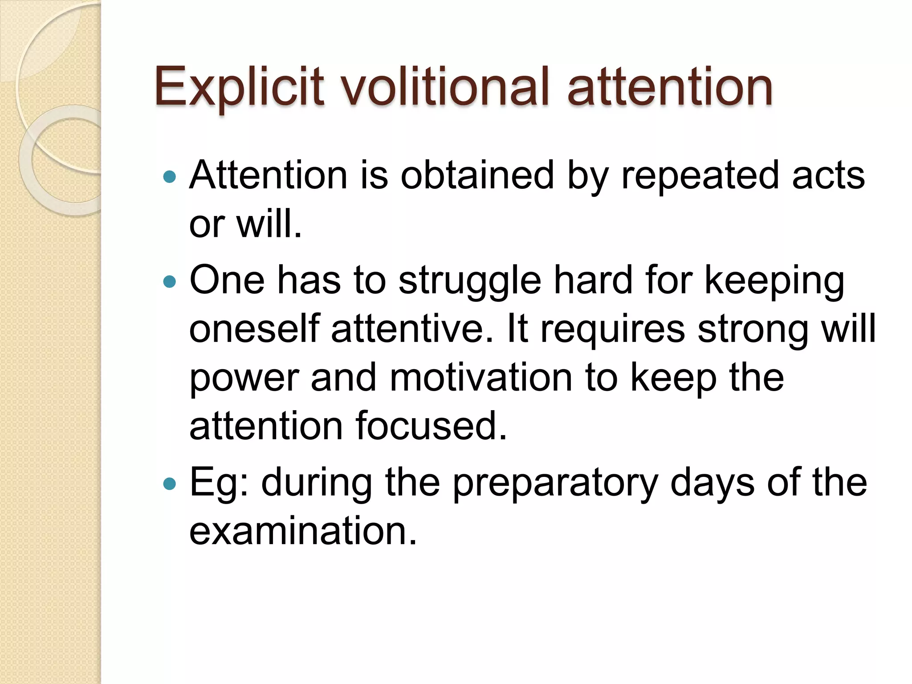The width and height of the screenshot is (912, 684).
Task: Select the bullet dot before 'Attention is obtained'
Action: tap(170, 177)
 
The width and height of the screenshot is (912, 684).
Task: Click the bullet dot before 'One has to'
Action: tap(170, 281)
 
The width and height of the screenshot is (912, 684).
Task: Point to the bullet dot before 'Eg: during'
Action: tap(170, 484)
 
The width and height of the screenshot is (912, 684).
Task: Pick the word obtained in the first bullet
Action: tap(477, 175)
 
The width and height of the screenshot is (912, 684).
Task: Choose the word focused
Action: tap(431, 426)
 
